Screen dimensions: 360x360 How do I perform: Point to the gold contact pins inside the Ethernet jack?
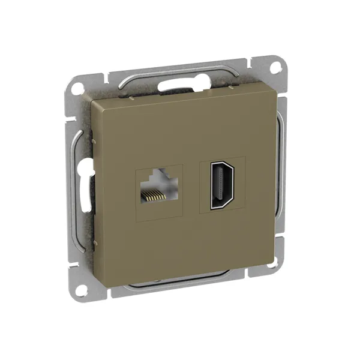click(154, 195)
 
